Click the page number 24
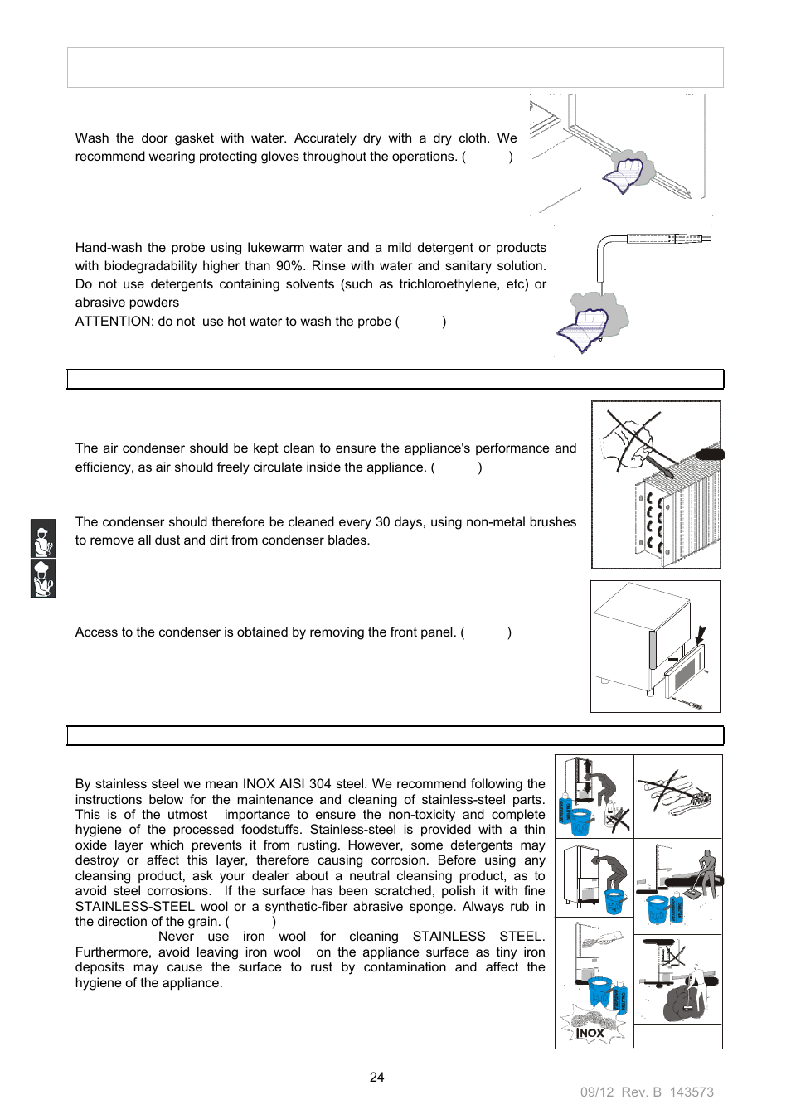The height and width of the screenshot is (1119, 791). pyautogui.click(x=376, y=1077)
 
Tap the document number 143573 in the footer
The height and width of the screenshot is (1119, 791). pyautogui.click(x=692, y=1092)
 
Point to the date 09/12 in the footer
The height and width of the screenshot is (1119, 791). pyautogui.click(x=597, y=1092)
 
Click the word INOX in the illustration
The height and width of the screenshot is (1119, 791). pyautogui.click(x=590, y=1033)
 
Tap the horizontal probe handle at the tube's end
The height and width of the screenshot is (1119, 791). pyautogui.click(x=667, y=239)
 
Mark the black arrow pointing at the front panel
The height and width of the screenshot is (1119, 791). pyautogui.click(x=701, y=636)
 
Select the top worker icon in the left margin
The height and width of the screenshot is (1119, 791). pyautogui.click(x=43, y=539)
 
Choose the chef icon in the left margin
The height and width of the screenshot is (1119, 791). pyautogui.click(x=43, y=579)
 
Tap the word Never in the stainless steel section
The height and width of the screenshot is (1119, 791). pyautogui.click(x=176, y=937)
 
